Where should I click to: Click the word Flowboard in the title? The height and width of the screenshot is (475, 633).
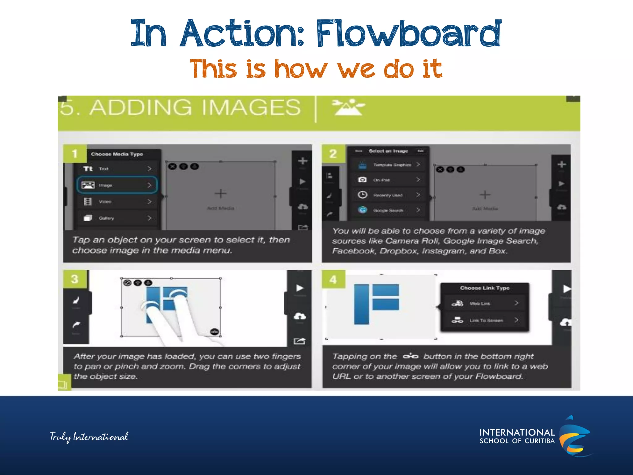(409, 33)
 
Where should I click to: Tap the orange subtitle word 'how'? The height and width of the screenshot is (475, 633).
(300, 69)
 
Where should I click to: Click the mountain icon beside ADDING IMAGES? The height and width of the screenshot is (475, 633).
(348, 107)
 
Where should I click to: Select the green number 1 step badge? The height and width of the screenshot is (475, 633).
(74, 154)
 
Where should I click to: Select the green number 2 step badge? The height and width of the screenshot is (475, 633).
(333, 154)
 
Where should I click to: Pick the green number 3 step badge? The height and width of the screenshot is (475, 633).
(74, 279)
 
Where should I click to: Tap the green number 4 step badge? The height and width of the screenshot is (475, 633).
(333, 280)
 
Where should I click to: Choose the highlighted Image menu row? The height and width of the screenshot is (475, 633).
(117, 185)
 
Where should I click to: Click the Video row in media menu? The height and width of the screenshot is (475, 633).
(117, 202)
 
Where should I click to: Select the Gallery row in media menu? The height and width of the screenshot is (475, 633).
(117, 218)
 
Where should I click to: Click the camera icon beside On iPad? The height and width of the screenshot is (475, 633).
(362, 180)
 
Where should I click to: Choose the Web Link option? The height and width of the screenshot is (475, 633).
(485, 303)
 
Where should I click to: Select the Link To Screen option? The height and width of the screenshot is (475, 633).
(485, 320)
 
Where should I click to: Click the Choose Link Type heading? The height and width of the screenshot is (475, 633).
(485, 288)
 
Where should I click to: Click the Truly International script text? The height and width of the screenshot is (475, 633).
(89, 437)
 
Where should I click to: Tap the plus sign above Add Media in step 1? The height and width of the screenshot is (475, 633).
(220, 194)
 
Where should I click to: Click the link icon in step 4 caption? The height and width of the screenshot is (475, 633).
(410, 357)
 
